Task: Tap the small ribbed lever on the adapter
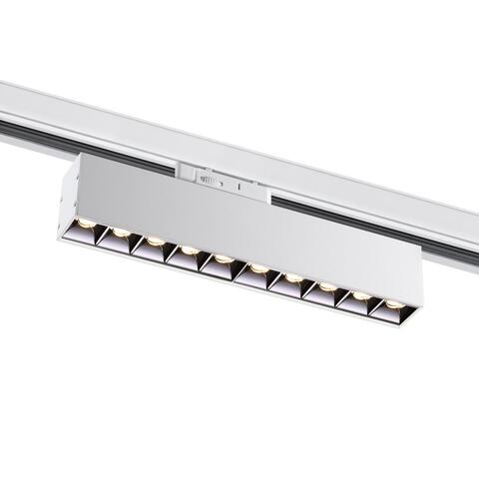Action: coord(209,180)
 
